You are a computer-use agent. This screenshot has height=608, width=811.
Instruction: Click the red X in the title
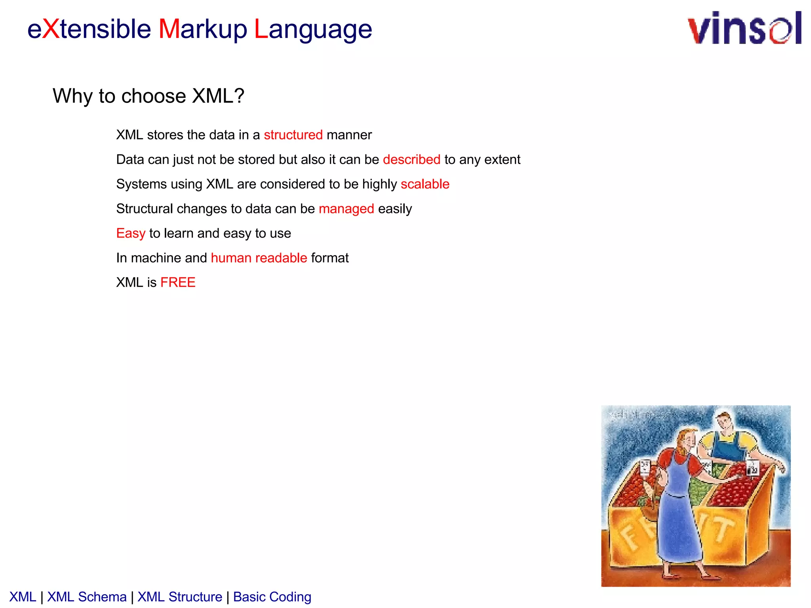pos(51,29)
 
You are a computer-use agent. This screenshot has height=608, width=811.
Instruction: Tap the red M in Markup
pos(169,29)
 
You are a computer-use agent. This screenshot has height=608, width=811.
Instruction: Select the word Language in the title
pos(313,30)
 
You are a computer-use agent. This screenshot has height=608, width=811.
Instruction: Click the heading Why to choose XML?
pos(148,96)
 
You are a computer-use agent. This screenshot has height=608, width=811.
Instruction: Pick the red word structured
pos(293,135)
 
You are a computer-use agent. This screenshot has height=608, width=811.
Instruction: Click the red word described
pos(411,160)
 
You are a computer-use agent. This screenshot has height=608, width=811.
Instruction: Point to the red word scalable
pos(425,184)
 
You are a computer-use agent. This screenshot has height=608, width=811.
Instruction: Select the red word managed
pos(346,209)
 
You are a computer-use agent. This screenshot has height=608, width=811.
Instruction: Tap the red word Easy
pos(131,234)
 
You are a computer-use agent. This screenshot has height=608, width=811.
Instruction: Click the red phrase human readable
pos(259,258)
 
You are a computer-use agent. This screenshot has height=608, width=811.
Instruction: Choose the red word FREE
pos(178,283)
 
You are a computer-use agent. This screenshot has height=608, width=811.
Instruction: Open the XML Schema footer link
pos(87,597)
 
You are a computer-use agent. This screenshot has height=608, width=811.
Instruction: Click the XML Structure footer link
pos(180,597)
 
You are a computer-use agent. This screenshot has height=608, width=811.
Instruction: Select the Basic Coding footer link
pos(272,597)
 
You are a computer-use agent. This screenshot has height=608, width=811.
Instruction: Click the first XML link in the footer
pos(23,597)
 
